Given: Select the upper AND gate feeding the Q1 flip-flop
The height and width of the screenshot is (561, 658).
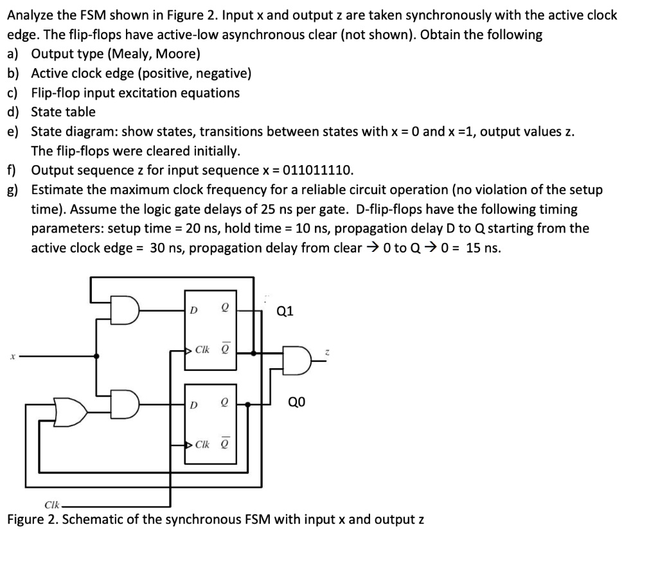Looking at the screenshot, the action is pyautogui.click(x=125, y=310).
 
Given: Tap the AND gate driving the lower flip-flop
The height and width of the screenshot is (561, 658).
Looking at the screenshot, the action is pyautogui.click(x=125, y=404).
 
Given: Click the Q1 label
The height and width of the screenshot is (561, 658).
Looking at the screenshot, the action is pyautogui.click(x=285, y=311).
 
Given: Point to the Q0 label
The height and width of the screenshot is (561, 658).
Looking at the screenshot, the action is pyautogui.click(x=297, y=402).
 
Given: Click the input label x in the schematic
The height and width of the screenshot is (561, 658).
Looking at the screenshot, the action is pyautogui.click(x=13, y=357).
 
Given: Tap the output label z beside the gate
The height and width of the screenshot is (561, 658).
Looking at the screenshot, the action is pyautogui.click(x=327, y=353).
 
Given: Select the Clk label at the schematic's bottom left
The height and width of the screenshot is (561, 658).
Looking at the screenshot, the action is pyautogui.click(x=52, y=504).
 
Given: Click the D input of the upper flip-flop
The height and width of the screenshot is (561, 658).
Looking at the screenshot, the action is pyautogui.click(x=193, y=310).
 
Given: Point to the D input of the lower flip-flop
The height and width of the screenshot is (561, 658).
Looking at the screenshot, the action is pyautogui.click(x=193, y=405).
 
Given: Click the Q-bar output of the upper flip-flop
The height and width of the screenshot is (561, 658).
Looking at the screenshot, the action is pyautogui.click(x=226, y=348).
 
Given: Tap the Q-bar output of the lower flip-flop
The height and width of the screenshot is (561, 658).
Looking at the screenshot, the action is pyautogui.click(x=226, y=443).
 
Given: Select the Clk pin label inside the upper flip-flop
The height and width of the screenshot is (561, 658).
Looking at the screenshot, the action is pyautogui.click(x=202, y=350).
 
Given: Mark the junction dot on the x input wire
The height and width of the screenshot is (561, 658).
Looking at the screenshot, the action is pyautogui.click(x=96, y=356).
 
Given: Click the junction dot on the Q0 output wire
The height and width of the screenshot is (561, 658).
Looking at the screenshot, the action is pyautogui.click(x=247, y=404).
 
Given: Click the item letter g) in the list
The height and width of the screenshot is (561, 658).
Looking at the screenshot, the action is pyautogui.click(x=13, y=190).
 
